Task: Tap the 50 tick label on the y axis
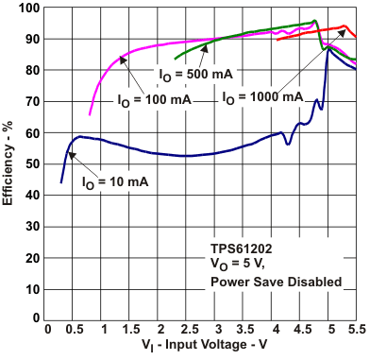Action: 34,164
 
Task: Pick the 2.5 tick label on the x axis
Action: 190,331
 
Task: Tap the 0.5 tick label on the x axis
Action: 76,331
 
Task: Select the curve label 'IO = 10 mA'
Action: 114,180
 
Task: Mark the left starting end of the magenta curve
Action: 90,115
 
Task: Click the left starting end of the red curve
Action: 277,40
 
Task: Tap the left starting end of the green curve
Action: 176,59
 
